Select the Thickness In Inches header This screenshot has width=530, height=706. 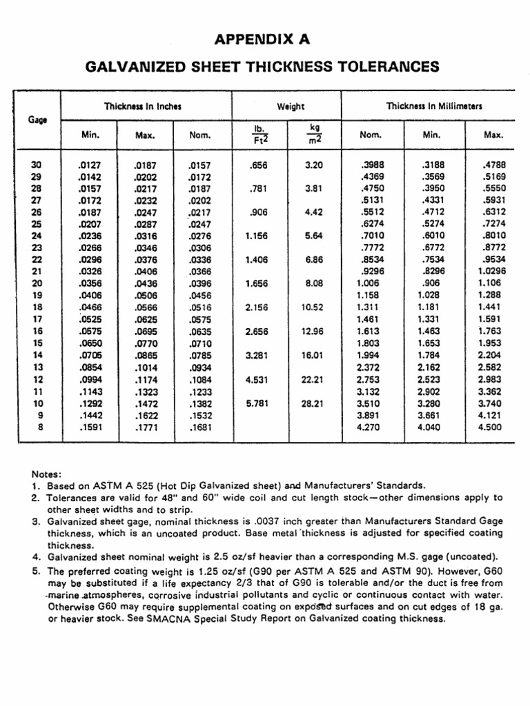pos(142,106)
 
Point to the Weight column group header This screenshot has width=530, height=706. pos(291,106)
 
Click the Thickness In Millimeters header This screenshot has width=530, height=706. pos(434,106)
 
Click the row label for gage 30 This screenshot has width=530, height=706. pos(37,165)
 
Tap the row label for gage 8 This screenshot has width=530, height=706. pos(40,427)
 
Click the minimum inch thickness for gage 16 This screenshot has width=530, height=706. pos(90,332)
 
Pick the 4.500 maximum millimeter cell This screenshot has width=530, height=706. pos(490,427)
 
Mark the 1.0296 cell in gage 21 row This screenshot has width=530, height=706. pos(490,272)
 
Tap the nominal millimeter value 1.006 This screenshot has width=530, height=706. pos(368,283)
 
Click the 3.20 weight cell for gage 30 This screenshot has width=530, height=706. pos(314,165)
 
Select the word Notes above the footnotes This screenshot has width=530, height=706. pos(47,474)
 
